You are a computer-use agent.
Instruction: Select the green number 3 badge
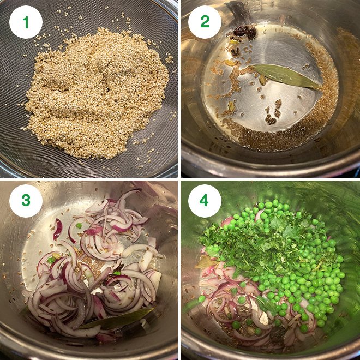click(26, 201)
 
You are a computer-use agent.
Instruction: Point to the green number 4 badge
click(205, 201)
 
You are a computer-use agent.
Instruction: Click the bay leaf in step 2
click(286, 76)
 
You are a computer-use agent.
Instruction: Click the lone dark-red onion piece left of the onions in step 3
click(57, 229)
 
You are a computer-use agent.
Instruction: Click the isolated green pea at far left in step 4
click(202, 299)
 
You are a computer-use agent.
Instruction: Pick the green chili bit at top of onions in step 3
click(80, 225)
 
